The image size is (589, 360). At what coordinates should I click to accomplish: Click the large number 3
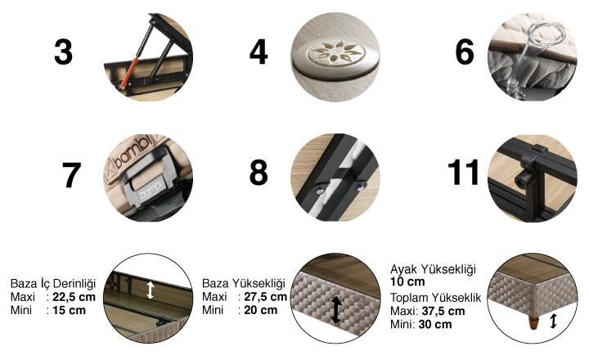click(x=64, y=52)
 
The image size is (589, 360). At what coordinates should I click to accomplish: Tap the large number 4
click(x=259, y=52)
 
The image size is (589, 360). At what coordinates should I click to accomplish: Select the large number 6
click(x=465, y=52)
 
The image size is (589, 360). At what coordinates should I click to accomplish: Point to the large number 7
click(x=71, y=175)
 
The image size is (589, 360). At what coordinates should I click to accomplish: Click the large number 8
click(x=259, y=173)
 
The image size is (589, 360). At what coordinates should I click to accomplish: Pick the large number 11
click(x=464, y=173)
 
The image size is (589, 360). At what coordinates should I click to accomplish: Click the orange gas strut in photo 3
click(x=128, y=73)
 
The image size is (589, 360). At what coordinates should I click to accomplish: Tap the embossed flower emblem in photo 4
click(x=336, y=52)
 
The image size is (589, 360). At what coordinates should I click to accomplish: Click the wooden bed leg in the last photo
click(x=533, y=323)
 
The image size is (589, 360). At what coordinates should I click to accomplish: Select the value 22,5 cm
click(x=74, y=297)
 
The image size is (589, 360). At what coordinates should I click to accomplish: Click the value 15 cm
click(x=69, y=310)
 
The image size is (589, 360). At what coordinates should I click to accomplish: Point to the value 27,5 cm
click(x=266, y=297)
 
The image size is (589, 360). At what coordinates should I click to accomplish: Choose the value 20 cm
click(x=261, y=310)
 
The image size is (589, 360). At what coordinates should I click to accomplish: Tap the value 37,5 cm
click(x=443, y=311)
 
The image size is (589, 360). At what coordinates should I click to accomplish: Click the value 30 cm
click(x=435, y=324)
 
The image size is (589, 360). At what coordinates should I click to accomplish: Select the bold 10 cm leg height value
click(x=407, y=281)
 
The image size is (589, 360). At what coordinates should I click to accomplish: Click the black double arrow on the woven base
click(x=336, y=309)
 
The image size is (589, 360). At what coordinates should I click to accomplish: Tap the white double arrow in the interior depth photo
click(x=151, y=290)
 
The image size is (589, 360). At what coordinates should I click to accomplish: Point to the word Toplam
click(x=409, y=298)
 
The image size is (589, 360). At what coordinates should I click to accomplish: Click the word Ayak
click(x=404, y=269)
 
